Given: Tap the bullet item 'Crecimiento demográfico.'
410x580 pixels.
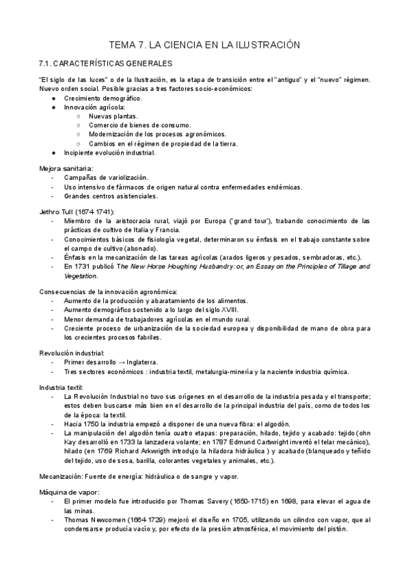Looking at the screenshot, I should pyautogui.click(x=103, y=98).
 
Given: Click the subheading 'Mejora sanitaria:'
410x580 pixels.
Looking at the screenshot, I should pyautogui.click(x=66, y=168).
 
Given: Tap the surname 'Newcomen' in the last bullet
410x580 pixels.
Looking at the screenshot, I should pyautogui.click(x=105, y=520).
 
